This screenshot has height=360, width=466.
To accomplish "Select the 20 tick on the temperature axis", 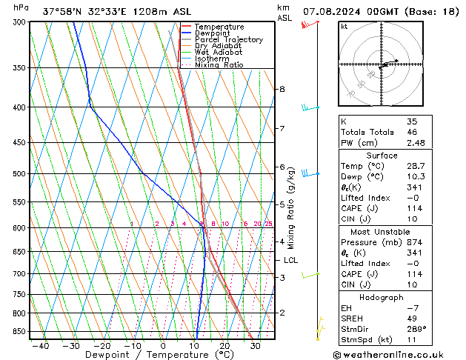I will coord(224,345).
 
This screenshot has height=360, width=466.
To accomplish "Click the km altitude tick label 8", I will coord(282,89).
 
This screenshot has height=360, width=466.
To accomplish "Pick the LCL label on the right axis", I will coord(291,260).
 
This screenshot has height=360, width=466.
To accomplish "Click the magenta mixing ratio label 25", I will coord(269,224).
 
